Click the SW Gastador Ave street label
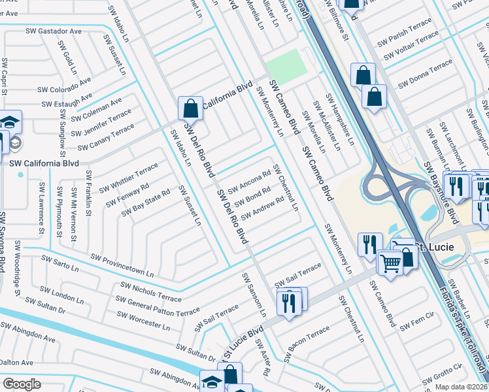click(x=54, y=31)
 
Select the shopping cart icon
click(x=390, y=263)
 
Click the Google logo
click(x=22, y=384)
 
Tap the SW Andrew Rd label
click(x=262, y=209)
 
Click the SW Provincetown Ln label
click(x=122, y=265)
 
